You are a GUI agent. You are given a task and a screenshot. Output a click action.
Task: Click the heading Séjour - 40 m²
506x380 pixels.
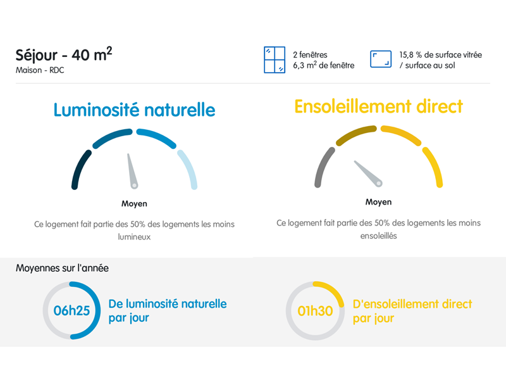click(64, 54)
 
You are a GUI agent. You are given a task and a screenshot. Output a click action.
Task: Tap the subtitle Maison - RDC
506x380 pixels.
click(40, 70)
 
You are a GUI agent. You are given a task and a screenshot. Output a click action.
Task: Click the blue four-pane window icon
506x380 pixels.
click(275, 60)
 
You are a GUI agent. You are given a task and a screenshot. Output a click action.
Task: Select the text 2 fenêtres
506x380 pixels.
click(310, 54)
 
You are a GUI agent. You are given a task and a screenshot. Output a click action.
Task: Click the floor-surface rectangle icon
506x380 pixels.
click(381, 59)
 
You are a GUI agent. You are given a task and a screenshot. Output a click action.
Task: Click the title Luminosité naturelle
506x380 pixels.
click(134, 110)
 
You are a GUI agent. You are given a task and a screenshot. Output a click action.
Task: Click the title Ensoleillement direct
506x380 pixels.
click(378, 106)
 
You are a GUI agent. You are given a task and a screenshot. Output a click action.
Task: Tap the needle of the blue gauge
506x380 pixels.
click(132, 171)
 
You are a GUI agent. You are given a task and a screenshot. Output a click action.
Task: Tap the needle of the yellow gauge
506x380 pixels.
click(368, 174)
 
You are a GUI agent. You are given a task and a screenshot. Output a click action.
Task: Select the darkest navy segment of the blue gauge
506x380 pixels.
click(80, 168)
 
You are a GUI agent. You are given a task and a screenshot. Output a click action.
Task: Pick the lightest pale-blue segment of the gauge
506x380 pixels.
click(188, 168)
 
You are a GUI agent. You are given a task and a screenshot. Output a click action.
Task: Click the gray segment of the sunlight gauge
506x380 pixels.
click(324, 167)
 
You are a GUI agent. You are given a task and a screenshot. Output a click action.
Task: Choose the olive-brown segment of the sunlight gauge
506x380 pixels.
click(355, 134)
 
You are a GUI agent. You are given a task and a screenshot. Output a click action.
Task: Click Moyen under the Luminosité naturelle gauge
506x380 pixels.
click(134, 203)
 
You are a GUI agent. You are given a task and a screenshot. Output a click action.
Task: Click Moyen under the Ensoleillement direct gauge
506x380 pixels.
click(378, 202)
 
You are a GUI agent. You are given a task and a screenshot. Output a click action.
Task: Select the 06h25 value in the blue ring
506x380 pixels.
click(71, 310)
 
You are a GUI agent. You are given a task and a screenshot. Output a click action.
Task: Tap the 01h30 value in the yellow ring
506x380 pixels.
click(315, 311)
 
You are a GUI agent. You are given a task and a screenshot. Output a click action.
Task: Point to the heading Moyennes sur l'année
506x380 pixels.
click(62, 268)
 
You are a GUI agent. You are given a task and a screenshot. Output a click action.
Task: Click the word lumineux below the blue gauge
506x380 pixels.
click(134, 237)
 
